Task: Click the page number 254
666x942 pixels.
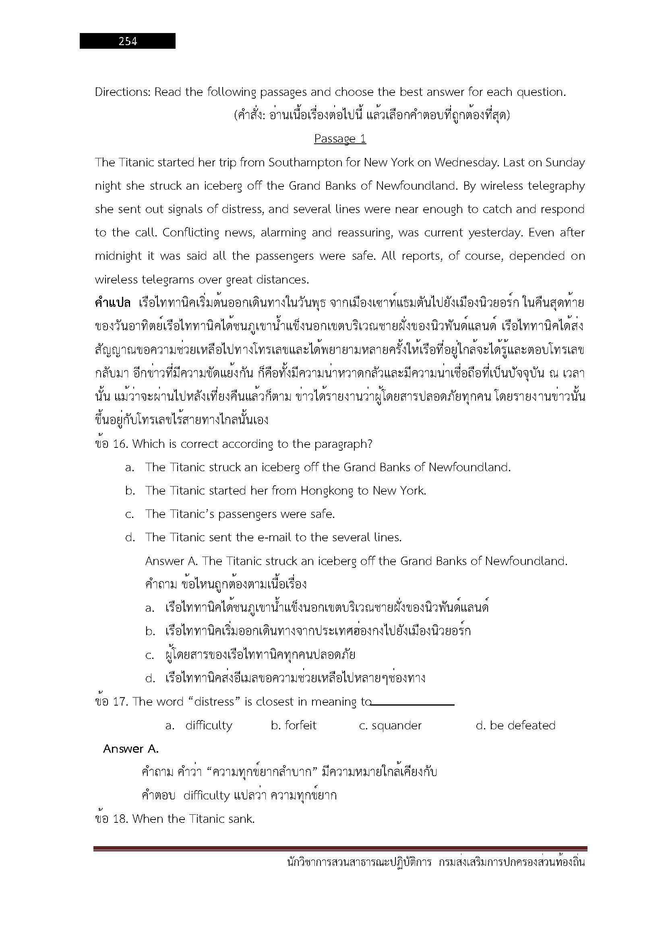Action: (x=128, y=41)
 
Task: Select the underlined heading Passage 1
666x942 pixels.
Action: (x=340, y=139)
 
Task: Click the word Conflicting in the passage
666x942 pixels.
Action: (x=191, y=233)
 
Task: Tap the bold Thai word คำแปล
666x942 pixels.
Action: (x=112, y=303)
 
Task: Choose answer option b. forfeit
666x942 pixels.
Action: (x=294, y=725)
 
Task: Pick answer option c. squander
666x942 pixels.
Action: (x=390, y=725)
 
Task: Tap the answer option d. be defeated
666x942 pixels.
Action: (x=515, y=725)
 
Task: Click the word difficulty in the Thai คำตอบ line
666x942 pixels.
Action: (x=207, y=795)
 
